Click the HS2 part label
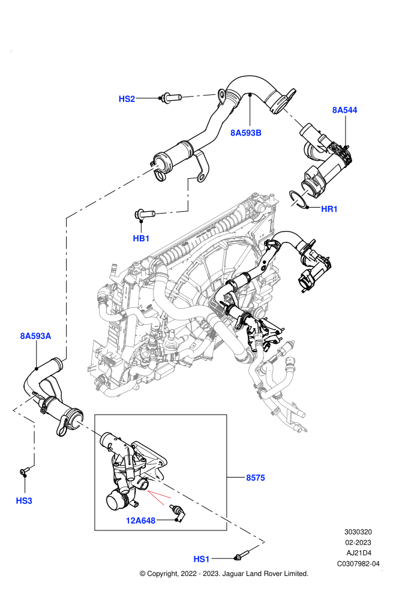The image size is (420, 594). pyautogui.click(x=127, y=99)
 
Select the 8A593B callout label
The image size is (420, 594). pyautogui.click(x=246, y=133)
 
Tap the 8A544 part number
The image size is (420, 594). pyautogui.click(x=344, y=110)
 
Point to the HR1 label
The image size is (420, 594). pyautogui.click(x=329, y=209)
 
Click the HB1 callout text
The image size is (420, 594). pyautogui.click(x=141, y=238)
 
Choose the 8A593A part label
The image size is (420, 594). pyautogui.click(x=35, y=336)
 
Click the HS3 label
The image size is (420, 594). pyautogui.click(x=24, y=501)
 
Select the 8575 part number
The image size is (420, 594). pyautogui.click(x=256, y=478)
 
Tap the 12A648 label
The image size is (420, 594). pyautogui.click(x=140, y=521)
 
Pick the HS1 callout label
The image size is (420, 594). pyautogui.click(x=202, y=559)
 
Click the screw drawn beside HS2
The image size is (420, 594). pyautogui.click(x=171, y=98)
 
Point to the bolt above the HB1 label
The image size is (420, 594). pyautogui.click(x=144, y=215)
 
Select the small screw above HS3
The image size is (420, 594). pyautogui.click(x=25, y=471)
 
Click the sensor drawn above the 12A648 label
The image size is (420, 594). pyautogui.click(x=177, y=511)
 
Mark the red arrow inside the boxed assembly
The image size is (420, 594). pyautogui.click(x=159, y=497)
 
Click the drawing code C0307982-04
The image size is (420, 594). pyautogui.click(x=358, y=563)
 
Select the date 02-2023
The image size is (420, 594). pyautogui.click(x=358, y=542)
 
